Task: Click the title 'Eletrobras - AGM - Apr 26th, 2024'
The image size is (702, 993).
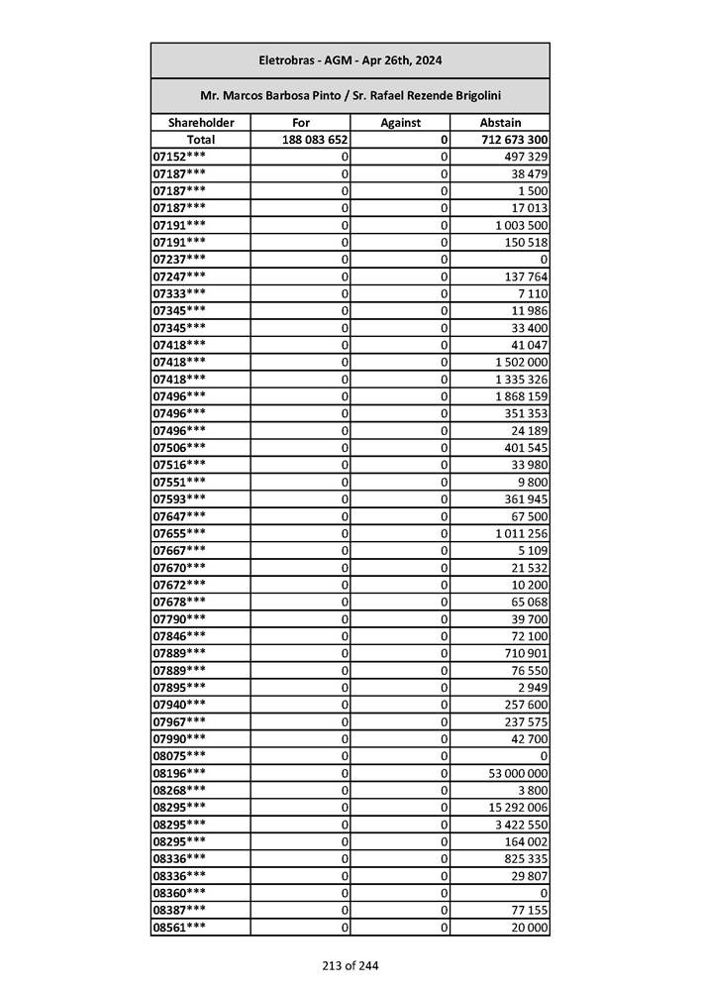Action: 350,60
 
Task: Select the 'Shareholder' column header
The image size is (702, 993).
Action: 201,123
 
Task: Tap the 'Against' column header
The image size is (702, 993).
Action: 400,123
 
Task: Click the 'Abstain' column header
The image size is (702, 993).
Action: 500,123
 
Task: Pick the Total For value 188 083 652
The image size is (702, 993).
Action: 315,140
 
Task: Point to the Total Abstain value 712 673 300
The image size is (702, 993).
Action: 514,140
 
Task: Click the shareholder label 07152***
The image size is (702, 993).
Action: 180,157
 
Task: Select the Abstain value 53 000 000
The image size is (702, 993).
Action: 518,773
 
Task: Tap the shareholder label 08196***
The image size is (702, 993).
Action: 180,773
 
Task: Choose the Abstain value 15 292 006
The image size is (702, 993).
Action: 518,808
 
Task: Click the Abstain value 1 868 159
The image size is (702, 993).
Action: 522,396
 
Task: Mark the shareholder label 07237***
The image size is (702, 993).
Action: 180,260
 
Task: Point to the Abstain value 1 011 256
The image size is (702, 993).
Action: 522,533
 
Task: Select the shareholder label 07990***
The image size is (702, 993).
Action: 180,739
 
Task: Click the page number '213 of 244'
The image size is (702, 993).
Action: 350,965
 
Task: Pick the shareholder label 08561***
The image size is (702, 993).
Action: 180,928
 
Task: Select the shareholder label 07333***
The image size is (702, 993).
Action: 180,293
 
